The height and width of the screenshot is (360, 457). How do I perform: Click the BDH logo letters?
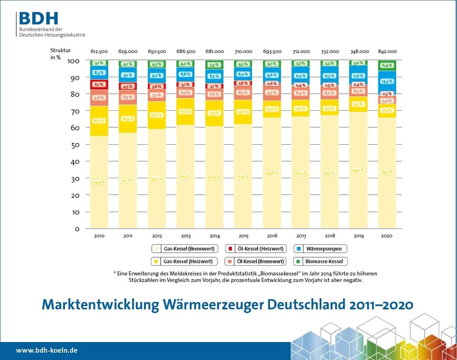point(38,18)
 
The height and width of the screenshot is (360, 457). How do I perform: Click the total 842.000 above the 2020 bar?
point(387,51)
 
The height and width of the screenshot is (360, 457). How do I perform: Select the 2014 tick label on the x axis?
point(214,235)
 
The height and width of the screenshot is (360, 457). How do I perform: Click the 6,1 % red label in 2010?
point(99,84)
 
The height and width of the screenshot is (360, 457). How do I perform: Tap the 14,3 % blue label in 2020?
point(387,81)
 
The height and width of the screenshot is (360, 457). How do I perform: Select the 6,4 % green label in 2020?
point(387,66)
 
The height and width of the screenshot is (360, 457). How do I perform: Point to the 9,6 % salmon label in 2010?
point(99,97)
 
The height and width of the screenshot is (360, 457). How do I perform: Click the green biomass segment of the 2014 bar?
point(214,65)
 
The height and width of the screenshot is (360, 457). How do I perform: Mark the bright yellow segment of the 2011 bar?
point(128,119)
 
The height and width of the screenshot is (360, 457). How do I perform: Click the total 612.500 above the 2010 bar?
point(99,51)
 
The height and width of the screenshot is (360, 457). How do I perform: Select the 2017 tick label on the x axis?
point(301,235)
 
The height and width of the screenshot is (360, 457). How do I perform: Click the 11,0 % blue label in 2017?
point(301,76)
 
